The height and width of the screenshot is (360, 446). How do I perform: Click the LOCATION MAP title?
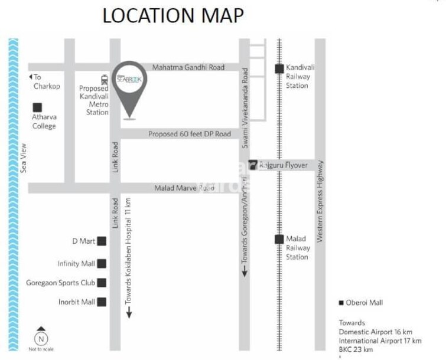tap(173, 16)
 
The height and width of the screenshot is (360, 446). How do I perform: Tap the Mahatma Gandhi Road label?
tap(188, 67)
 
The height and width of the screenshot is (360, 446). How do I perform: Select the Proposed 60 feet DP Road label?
tap(189, 134)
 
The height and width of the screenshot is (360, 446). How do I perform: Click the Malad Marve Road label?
tap(184, 188)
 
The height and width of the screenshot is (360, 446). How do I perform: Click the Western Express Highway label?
tap(320, 201)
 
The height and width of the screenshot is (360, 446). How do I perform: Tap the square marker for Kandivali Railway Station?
tap(278, 68)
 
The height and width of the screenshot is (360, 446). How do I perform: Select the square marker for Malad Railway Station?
tap(278, 239)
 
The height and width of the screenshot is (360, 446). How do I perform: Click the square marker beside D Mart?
tap(102, 241)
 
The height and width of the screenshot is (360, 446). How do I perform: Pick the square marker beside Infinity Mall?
tap(102, 264)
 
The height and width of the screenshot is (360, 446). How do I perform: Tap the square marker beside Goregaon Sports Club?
tap(102, 283)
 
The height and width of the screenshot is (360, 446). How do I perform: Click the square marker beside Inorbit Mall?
tap(102, 302)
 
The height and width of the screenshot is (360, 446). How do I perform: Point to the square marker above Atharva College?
tap(37, 107)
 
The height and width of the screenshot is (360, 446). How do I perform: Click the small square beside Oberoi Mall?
tap(341, 303)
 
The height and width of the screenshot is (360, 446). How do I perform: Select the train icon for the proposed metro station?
tap(105, 79)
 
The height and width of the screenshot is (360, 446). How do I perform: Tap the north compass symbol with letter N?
tap(41, 337)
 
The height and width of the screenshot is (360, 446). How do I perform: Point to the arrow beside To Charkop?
tap(30, 77)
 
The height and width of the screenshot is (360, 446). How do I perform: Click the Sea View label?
tap(24, 158)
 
